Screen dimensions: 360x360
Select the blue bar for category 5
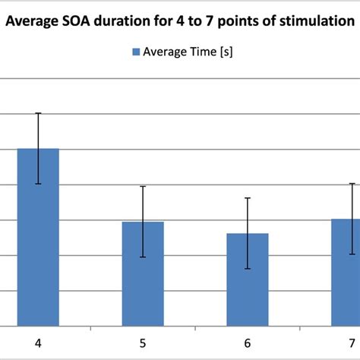pyautogui.click(x=143, y=273)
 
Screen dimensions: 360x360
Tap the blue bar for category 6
pyautogui.click(x=248, y=279)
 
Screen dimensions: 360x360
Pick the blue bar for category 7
pyautogui.click(x=346, y=272)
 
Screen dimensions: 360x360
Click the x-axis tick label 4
pyautogui.click(x=38, y=343)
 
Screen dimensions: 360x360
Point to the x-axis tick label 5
pyautogui.click(x=143, y=343)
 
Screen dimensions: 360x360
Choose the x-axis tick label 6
pyautogui.click(x=248, y=343)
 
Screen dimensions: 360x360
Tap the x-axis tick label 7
pyautogui.click(x=351, y=343)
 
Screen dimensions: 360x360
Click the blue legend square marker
pyautogui.click(x=136, y=52)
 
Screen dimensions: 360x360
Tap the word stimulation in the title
pyautogui.click(x=315, y=22)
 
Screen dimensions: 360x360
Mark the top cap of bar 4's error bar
pyautogui.click(x=38, y=113)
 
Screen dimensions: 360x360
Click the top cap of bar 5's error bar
pyautogui.click(x=143, y=186)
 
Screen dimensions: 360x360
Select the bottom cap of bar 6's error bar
pyautogui.click(x=248, y=269)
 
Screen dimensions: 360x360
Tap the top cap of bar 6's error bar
pyautogui.click(x=248, y=198)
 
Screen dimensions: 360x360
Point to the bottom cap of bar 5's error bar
pyautogui.click(x=143, y=257)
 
